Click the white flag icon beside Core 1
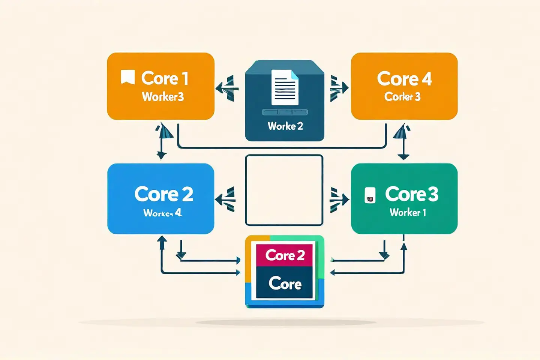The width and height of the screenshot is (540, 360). tap(127, 77)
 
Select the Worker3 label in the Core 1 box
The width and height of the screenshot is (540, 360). tap(163, 97)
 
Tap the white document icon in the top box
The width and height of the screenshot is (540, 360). tap(285, 87)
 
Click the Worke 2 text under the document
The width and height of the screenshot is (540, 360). tap(285, 126)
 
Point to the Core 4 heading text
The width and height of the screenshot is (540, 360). tap(404, 79)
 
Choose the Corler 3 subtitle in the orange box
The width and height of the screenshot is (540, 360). tap(402, 97)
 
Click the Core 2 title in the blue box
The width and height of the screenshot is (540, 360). tap(163, 194)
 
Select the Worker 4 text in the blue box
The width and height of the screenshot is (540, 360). tap(162, 213)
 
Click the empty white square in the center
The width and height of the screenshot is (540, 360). tap(284, 190)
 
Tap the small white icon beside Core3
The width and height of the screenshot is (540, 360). tap(370, 195)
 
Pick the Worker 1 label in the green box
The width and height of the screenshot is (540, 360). tap(408, 213)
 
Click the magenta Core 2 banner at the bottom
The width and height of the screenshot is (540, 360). tap(284, 255)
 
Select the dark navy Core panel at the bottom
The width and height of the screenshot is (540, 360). tap(285, 283)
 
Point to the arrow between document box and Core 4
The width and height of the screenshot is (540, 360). tap(339, 88)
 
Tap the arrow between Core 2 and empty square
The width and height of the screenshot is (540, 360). tap(226, 199)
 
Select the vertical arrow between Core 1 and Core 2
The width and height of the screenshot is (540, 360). tap(162, 142)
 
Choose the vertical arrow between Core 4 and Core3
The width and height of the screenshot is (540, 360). tap(403, 142)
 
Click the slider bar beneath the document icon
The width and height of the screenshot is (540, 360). tap(285, 112)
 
